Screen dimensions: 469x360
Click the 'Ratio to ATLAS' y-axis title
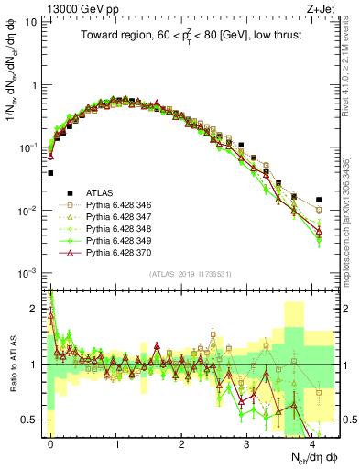click(x=12, y=365)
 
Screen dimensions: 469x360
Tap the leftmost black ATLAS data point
click(x=51, y=172)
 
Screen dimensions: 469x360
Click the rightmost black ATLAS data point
click(x=319, y=200)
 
